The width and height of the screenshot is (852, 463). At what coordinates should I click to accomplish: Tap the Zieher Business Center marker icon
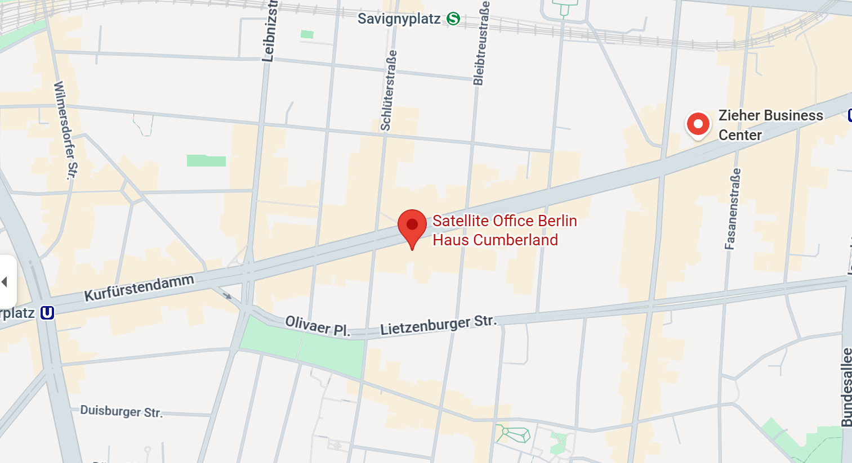point(698,124)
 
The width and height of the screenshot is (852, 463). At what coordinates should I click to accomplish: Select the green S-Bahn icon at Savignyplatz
point(453,19)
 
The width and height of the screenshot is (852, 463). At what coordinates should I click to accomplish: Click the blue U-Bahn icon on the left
point(47,313)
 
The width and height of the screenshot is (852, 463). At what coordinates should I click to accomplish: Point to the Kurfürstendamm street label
point(139,287)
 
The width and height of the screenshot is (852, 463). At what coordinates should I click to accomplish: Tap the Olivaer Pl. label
point(318,326)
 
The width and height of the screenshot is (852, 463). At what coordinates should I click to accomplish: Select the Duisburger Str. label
point(121,411)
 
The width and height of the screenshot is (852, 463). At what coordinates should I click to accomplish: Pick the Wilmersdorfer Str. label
point(65,130)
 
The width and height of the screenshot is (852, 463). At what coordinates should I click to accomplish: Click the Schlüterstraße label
point(389,91)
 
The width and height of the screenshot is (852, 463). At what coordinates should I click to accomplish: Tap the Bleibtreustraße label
point(481,43)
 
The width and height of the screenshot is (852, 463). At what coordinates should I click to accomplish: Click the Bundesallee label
point(846,387)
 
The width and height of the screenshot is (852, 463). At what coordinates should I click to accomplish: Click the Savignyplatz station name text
point(399,19)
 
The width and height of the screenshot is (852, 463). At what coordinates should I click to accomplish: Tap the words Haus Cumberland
point(495,240)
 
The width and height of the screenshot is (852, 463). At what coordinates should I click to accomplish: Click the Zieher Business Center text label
point(770,125)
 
